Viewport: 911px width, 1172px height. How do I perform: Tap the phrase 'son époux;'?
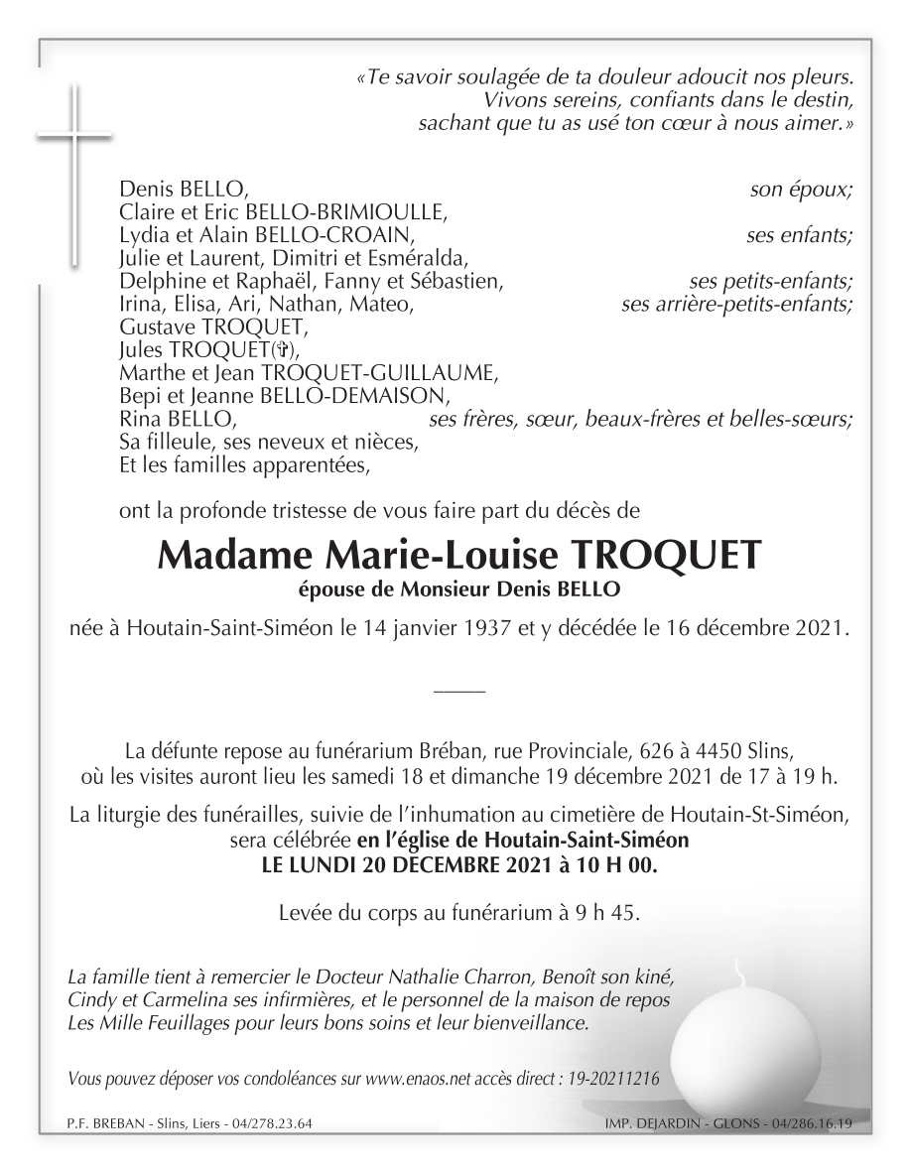tap(801, 189)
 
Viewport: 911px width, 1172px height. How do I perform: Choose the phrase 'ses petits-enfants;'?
tap(770, 281)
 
